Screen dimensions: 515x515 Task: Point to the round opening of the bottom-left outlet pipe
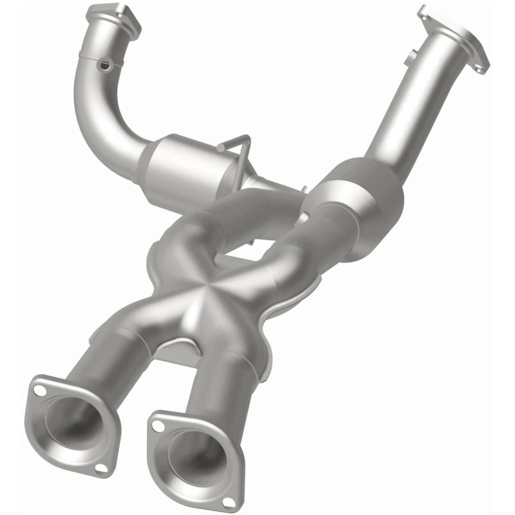(x=73, y=421)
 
